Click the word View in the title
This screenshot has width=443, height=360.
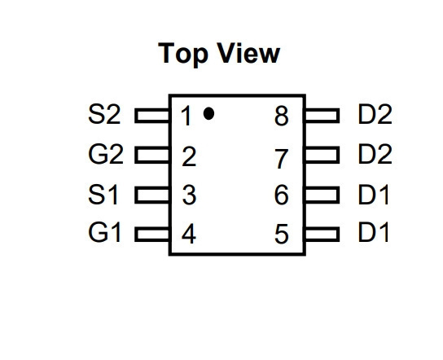tap(246, 53)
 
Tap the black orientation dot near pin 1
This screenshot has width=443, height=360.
tap(208, 113)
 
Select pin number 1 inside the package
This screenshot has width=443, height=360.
tap(186, 116)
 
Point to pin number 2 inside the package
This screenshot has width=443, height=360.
tap(189, 156)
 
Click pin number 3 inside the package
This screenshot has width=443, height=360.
tap(189, 195)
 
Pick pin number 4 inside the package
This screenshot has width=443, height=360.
tap(189, 234)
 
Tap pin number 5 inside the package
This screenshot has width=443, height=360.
tap(282, 234)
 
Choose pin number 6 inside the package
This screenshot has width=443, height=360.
tap(282, 195)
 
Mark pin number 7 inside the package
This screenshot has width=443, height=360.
tap(282, 159)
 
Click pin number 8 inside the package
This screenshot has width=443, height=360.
tap(282, 116)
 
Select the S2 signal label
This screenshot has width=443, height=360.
tap(104, 114)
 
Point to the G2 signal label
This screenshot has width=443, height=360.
tap(106, 154)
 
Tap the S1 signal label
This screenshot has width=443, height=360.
tap(103, 194)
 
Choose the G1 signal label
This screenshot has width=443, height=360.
tap(104, 233)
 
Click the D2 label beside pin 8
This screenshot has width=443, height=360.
tap(375, 114)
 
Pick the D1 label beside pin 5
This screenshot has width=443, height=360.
tap(374, 233)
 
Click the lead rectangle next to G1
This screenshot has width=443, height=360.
tap(152, 235)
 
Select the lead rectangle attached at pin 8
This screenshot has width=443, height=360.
tap(322, 116)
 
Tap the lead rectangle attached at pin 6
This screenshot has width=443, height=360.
tap(322, 195)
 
